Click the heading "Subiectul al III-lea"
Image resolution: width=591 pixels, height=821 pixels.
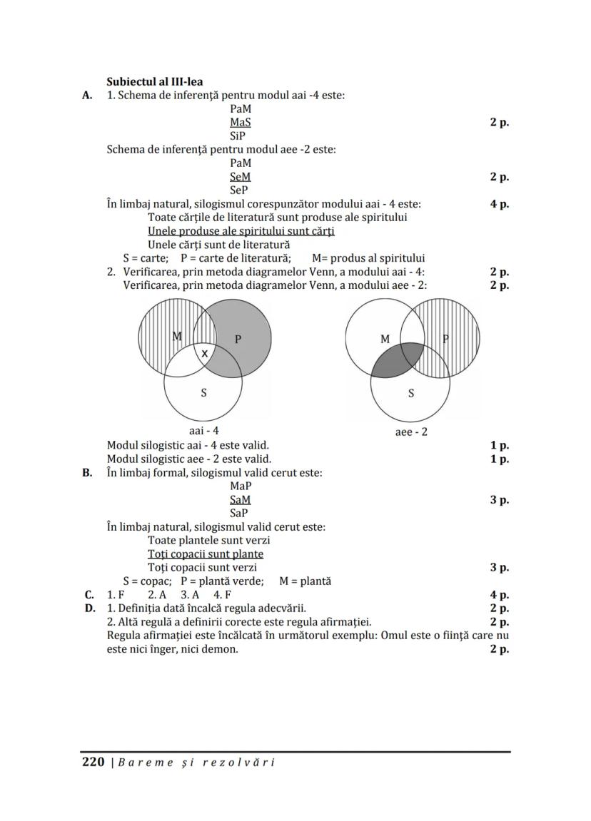tap(153, 81)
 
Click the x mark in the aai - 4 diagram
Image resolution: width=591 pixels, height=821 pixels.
tap(205, 353)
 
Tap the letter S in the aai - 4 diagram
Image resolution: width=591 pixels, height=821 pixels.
tap(204, 392)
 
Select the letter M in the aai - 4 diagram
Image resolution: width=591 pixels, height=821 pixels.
tap(177, 336)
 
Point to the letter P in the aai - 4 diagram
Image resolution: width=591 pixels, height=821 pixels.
tap(238, 340)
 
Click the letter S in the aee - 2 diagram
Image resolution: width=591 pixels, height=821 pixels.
tap(411, 392)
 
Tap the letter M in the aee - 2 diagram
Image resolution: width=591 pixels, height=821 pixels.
tap(385, 340)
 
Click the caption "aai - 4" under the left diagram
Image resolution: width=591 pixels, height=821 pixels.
tap(203, 431)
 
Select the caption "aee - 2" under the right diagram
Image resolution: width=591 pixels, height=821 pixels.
tap(411, 432)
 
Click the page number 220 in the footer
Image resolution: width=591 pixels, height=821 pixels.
tap(94, 762)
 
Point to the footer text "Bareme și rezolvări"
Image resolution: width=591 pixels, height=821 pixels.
tap(196, 763)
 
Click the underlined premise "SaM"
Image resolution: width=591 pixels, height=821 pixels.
tap(241, 499)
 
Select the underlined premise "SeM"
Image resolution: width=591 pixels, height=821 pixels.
tap(241, 176)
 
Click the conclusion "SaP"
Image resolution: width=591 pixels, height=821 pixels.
tap(240, 513)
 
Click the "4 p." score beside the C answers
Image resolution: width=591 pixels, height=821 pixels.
tap(499, 594)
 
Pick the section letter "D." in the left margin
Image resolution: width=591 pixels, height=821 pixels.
tap(89, 608)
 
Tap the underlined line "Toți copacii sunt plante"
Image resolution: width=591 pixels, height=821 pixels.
tap(206, 554)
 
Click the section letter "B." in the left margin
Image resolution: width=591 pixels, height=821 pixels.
tap(88, 472)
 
